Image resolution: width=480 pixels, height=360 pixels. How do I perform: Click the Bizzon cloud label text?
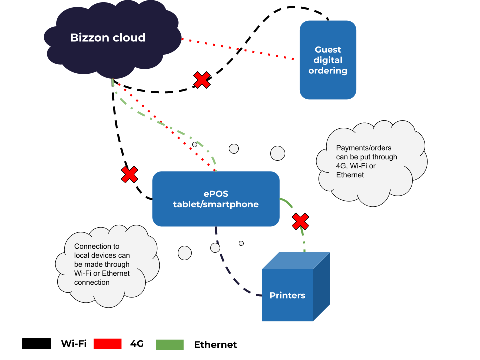coord(108,38)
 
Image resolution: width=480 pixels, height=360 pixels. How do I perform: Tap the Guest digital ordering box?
coord(328,60)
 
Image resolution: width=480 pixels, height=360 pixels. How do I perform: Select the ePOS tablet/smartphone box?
coord(216,199)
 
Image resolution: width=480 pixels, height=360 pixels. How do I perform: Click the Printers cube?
coord(296,287)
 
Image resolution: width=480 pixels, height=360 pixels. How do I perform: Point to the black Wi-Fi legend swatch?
coord(36,344)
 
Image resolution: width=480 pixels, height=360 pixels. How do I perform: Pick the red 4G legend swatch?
coord(108,344)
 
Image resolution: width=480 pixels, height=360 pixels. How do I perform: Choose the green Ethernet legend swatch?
coord(170,345)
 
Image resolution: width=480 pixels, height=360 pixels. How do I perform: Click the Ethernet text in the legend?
coord(216,345)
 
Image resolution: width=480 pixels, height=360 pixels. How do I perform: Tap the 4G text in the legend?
coord(137,344)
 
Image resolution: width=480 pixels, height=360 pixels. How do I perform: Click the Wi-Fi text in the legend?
coord(74,344)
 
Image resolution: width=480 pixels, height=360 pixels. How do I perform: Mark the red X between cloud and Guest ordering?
coord(202,80)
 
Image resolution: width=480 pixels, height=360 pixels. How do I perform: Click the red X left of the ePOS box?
coord(130,175)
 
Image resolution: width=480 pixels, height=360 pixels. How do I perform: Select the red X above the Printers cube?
coord(300,221)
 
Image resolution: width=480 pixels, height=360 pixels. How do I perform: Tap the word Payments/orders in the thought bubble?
coord(364,148)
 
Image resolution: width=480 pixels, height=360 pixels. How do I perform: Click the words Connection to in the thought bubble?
coord(97,246)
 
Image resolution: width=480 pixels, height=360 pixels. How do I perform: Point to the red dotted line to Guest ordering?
coord(238,49)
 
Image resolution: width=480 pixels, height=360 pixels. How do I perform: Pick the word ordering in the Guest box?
coord(328,71)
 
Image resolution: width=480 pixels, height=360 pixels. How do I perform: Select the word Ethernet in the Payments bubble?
coord(350,175)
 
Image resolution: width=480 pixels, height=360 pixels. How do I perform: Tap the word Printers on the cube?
coord(288,295)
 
